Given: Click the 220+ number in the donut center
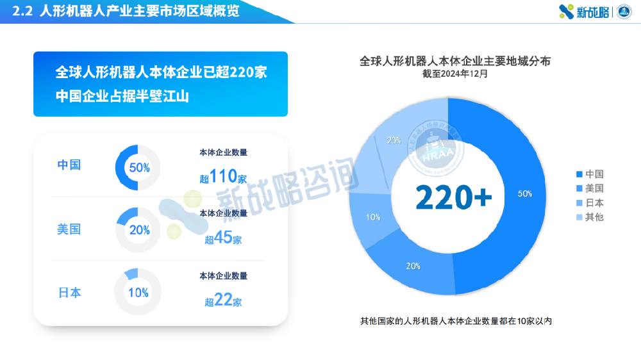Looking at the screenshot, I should [x=453, y=197].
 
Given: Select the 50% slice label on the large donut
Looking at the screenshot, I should [x=525, y=194].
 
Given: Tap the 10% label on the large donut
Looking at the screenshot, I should [x=373, y=217].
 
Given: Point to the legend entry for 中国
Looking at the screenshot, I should [x=590, y=174].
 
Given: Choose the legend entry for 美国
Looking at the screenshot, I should [x=590, y=188].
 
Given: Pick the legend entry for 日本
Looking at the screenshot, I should [x=590, y=202].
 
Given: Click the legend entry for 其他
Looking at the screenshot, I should [x=590, y=217].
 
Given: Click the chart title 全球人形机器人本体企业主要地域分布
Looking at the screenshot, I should [x=455, y=61].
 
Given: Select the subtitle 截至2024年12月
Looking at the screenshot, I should [x=455, y=74].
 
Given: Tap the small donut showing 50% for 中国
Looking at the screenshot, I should [x=138, y=168].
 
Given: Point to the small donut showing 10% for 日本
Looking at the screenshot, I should [x=138, y=293].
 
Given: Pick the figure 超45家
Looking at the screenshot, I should [x=223, y=239].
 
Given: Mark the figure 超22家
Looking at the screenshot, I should [x=223, y=301].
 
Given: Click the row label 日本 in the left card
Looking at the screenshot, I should [x=69, y=293].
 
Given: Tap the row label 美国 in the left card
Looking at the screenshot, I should [x=69, y=229].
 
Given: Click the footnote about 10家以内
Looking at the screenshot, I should [x=456, y=321].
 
